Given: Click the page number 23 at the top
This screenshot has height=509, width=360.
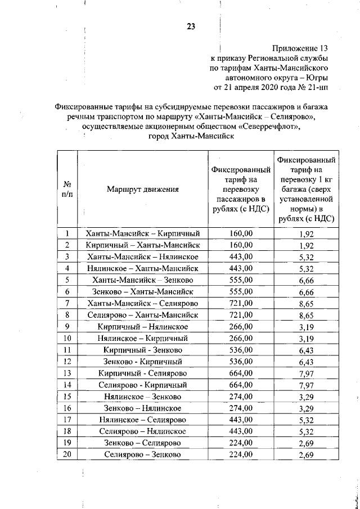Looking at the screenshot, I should click(191, 26).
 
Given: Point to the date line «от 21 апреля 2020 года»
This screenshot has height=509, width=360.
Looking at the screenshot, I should click(271, 87).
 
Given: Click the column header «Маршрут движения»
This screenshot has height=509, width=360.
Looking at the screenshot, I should click(142, 190).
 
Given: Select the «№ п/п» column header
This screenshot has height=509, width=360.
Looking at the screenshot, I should click(67, 189).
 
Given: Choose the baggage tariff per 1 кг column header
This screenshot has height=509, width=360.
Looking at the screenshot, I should click(305, 190).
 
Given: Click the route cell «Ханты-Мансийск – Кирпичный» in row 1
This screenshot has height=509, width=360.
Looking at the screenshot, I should click(142, 233).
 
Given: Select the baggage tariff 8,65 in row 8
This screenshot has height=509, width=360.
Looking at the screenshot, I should click(306, 316).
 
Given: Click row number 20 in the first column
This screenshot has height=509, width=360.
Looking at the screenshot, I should click(67, 454).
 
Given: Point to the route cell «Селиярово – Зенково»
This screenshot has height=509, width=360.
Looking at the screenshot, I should click(142, 454).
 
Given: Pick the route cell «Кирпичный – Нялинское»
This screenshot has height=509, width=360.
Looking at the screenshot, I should click(142, 326).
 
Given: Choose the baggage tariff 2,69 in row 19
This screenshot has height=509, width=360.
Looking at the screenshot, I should click(306, 443).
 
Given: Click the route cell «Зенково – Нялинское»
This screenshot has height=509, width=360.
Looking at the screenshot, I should click(142, 408).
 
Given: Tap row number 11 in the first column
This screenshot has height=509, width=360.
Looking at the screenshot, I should click(67, 350).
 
